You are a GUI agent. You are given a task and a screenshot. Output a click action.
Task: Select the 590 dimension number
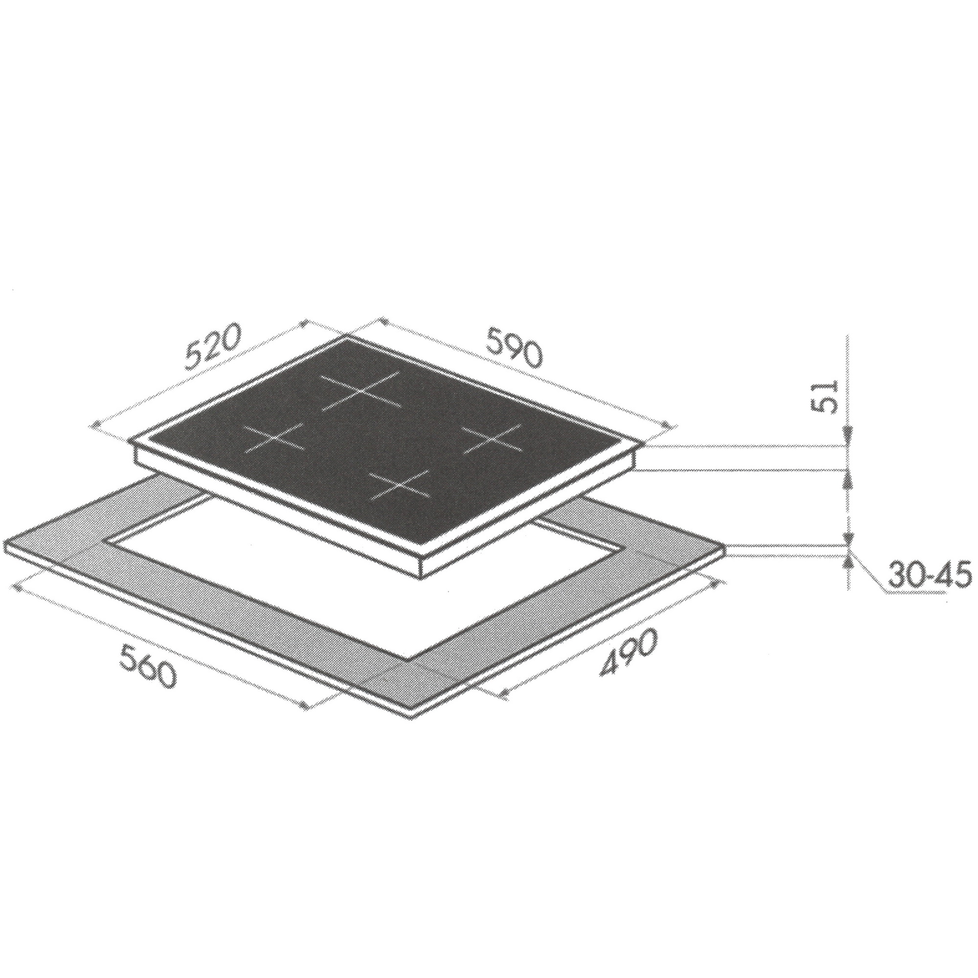pos(514,347)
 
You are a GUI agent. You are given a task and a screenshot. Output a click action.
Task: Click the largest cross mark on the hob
pos(361,392)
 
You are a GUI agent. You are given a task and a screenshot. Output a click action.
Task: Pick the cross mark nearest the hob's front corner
pos(400,485)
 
